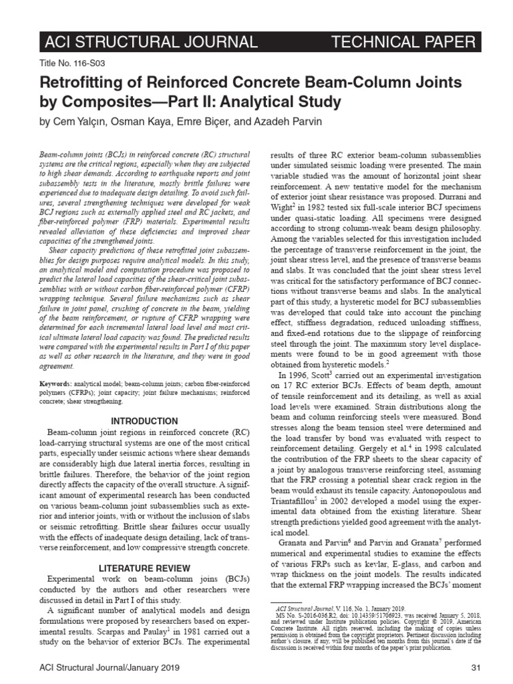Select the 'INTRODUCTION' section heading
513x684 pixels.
(144, 421)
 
